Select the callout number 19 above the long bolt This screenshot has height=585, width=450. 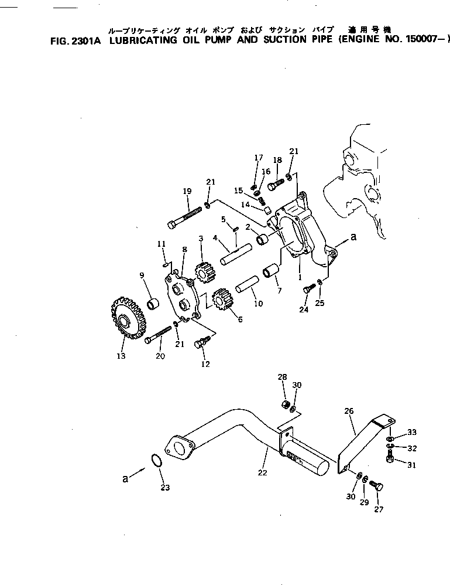187,191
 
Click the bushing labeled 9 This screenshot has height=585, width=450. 153,304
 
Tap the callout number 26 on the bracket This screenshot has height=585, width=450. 349,411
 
